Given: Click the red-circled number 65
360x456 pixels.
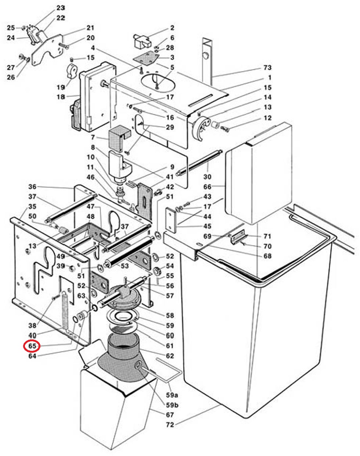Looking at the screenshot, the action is (x=32, y=346).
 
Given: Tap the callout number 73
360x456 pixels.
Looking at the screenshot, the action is (x=267, y=68).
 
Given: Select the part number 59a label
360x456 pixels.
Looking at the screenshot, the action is (x=172, y=395).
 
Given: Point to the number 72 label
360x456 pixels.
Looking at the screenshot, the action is (x=170, y=425).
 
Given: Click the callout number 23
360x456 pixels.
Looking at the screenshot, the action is (x=61, y=8).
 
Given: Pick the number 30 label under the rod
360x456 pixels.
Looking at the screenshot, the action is (x=207, y=177).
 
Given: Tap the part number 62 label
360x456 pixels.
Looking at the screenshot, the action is (x=170, y=356).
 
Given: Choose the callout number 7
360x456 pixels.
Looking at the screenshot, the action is (x=93, y=137).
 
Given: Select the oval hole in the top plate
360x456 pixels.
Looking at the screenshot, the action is (x=158, y=82).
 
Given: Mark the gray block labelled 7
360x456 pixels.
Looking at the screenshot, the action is (x=120, y=138).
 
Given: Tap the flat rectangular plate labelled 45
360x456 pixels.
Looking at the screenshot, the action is (x=171, y=220).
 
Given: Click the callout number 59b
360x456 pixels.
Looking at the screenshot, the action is (x=172, y=405).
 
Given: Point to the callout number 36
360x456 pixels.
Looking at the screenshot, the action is (x=32, y=187).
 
